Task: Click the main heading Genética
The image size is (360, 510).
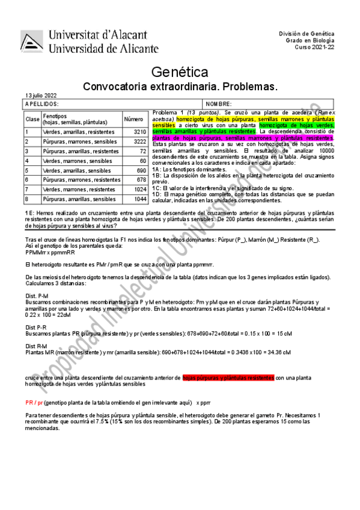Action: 180,73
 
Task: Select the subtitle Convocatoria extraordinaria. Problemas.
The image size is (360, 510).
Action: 180,87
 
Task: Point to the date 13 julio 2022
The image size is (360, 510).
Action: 41,96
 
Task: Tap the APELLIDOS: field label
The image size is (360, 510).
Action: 42,104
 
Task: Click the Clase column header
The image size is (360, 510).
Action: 32,119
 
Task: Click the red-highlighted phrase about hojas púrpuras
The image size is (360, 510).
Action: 228,377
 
